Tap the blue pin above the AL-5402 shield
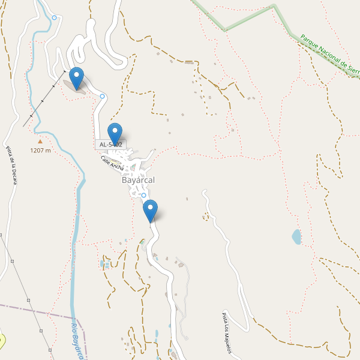[114, 133]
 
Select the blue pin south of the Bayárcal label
[151, 209]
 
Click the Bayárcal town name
[138, 180]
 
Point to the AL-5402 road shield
[110, 145]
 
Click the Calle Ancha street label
[112, 163]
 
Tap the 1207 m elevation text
[40, 151]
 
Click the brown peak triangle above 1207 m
[40, 142]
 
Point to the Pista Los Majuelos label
[226, 333]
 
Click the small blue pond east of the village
[296, 237]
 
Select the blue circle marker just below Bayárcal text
[144, 195]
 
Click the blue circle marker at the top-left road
[55, 18]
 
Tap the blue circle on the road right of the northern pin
[103, 96]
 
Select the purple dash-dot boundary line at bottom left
[36, 310]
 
